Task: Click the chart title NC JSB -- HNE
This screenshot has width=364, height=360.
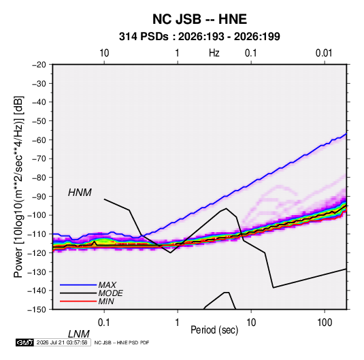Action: click(199, 19)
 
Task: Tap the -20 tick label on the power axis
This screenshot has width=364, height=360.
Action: click(39, 65)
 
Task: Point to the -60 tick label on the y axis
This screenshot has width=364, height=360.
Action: click(39, 140)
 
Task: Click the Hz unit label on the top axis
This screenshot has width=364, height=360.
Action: click(214, 53)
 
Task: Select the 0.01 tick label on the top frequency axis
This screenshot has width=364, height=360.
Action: click(324, 53)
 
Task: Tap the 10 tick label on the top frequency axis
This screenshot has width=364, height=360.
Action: click(104, 53)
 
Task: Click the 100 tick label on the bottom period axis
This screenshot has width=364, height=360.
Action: click(325, 323)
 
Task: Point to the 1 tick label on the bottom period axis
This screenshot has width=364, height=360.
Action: click(178, 323)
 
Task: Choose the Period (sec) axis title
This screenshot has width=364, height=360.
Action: click(214, 330)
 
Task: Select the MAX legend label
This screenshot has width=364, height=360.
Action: click(107, 284)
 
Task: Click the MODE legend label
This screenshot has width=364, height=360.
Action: click(110, 293)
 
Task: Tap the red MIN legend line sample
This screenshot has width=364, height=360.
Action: click(78, 301)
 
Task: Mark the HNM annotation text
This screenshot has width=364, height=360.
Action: click(80, 193)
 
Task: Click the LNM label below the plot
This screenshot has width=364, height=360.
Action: click(78, 334)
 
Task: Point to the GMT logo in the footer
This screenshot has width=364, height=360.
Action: click(25, 342)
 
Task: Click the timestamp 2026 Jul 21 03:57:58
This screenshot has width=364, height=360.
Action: click(62, 342)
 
